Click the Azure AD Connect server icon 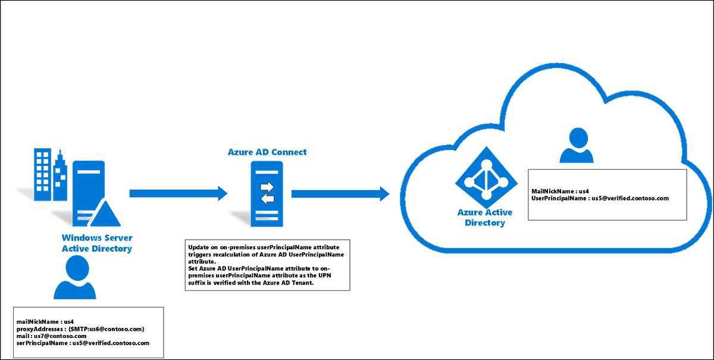tap(267, 194)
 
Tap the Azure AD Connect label tap(267, 152)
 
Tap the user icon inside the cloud tap(576, 146)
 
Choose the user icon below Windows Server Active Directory tap(75, 280)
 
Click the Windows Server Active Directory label tap(96, 243)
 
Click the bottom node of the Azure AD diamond tap(485, 195)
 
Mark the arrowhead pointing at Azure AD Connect tap(223, 193)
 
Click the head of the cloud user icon tap(576, 137)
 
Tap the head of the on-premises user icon tap(75, 270)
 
